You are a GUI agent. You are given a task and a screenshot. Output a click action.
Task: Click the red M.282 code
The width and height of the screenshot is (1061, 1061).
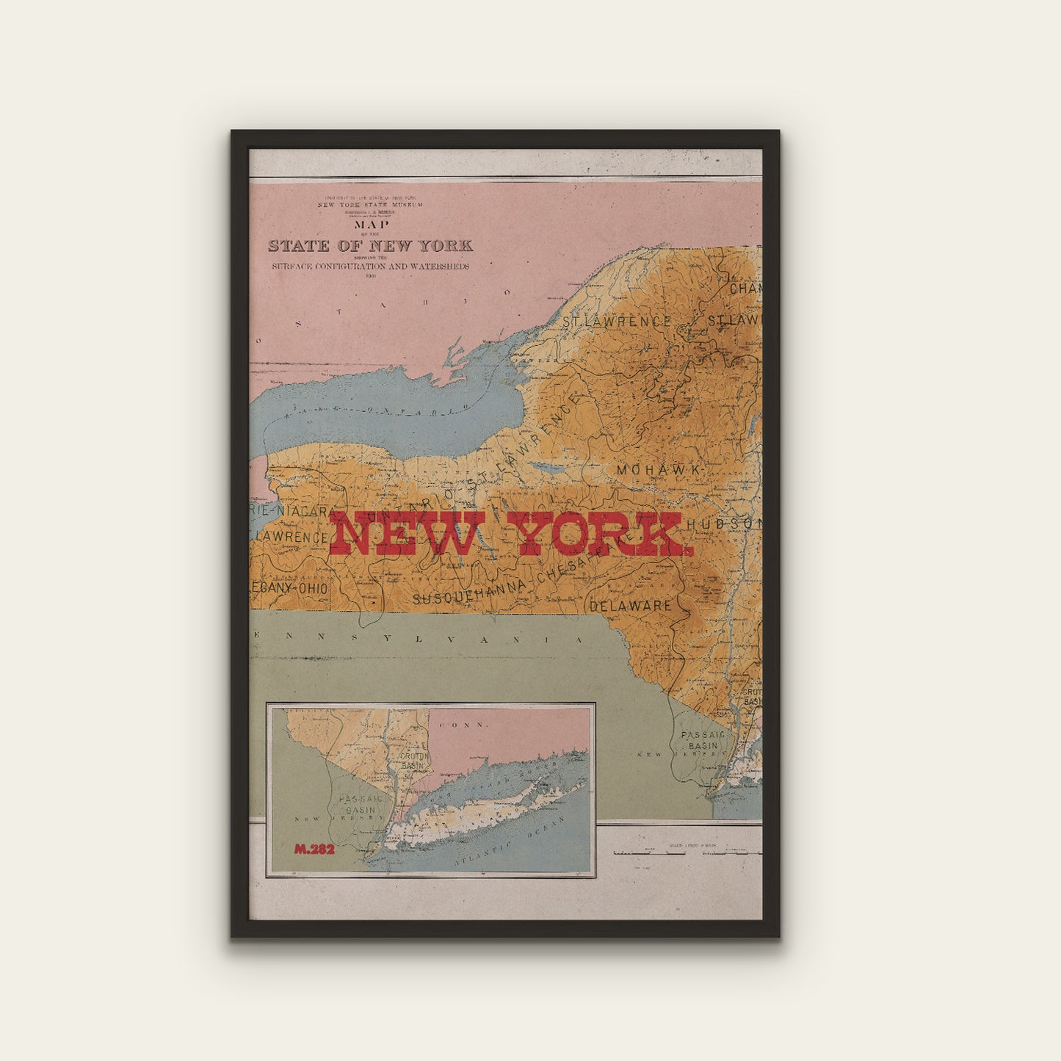pyautogui.click(x=314, y=850)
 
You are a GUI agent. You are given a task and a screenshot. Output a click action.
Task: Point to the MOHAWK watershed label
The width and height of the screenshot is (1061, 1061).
pyautogui.click(x=659, y=470)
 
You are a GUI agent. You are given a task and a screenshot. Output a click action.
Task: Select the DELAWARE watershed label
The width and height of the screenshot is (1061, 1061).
pyautogui.click(x=631, y=606)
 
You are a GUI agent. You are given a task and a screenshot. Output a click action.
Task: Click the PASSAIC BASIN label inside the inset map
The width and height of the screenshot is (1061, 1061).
pyautogui.click(x=358, y=804)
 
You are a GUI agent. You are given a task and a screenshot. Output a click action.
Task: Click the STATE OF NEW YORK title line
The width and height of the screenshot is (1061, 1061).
pyautogui.click(x=370, y=246)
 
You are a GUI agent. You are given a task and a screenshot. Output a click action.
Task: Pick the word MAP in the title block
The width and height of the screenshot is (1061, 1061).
pyautogui.click(x=371, y=225)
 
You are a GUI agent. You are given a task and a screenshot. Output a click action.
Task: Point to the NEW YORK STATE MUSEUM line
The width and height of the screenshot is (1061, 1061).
pyautogui.click(x=370, y=205)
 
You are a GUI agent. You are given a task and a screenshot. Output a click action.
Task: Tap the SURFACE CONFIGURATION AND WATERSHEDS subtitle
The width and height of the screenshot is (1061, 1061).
pyautogui.click(x=370, y=267)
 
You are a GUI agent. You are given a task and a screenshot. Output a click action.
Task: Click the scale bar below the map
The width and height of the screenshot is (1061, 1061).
pyautogui.click(x=687, y=852)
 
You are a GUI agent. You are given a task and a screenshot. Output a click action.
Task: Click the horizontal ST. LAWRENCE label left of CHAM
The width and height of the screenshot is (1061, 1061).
pyautogui.click(x=616, y=322)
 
